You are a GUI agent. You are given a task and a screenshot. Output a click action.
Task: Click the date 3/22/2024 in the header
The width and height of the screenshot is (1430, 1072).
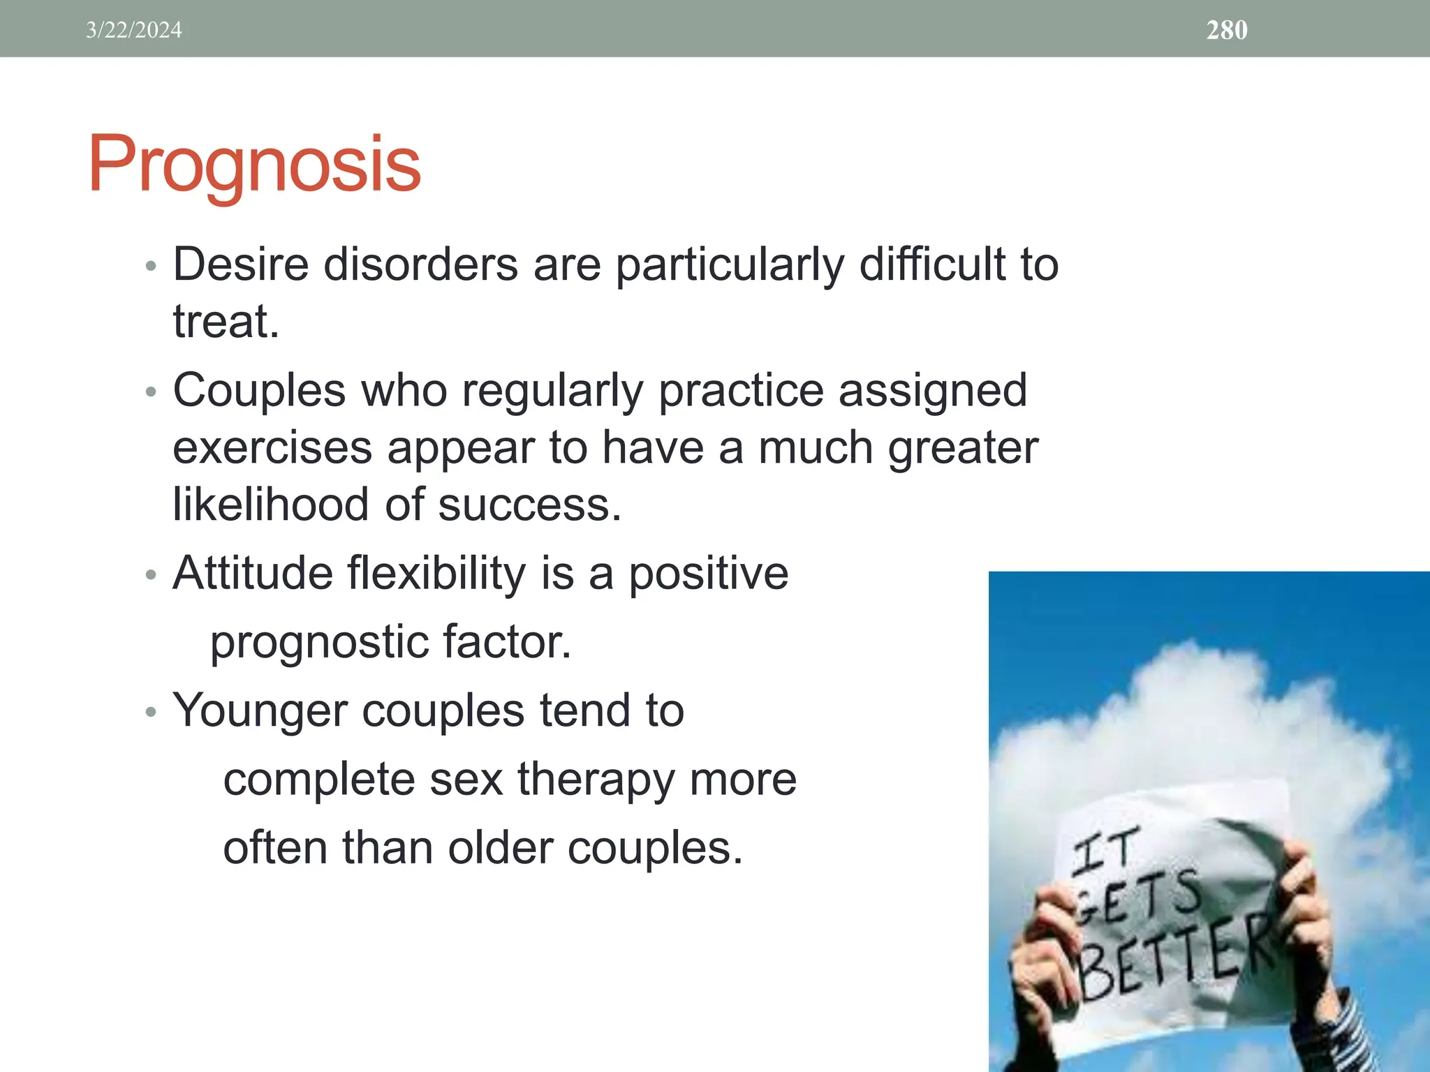[x=133, y=30]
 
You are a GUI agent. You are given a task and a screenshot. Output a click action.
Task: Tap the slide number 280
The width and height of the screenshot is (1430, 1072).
[x=1227, y=30]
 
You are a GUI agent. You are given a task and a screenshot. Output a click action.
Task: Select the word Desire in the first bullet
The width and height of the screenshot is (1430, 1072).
[x=240, y=265]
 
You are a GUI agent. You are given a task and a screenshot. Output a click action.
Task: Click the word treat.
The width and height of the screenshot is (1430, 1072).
[x=225, y=322]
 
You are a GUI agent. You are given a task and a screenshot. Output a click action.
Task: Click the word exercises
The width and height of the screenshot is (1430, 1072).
[x=272, y=448]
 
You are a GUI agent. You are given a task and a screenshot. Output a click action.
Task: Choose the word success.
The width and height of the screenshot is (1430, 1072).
[x=529, y=505]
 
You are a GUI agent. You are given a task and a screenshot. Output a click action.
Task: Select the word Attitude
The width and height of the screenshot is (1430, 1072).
[x=252, y=574]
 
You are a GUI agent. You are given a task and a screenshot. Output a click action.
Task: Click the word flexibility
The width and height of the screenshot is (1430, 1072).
[x=436, y=574]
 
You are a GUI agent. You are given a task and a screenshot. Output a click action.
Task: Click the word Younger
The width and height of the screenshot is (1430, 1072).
[x=260, y=710]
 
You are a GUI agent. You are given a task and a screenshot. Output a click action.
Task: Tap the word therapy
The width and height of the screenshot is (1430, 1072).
[x=596, y=780]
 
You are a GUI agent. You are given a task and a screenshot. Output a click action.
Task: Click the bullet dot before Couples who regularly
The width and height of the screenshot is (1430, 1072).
[x=151, y=392]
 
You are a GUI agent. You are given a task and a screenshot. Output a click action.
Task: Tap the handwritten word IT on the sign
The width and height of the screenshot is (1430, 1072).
[x=1105, y=851]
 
